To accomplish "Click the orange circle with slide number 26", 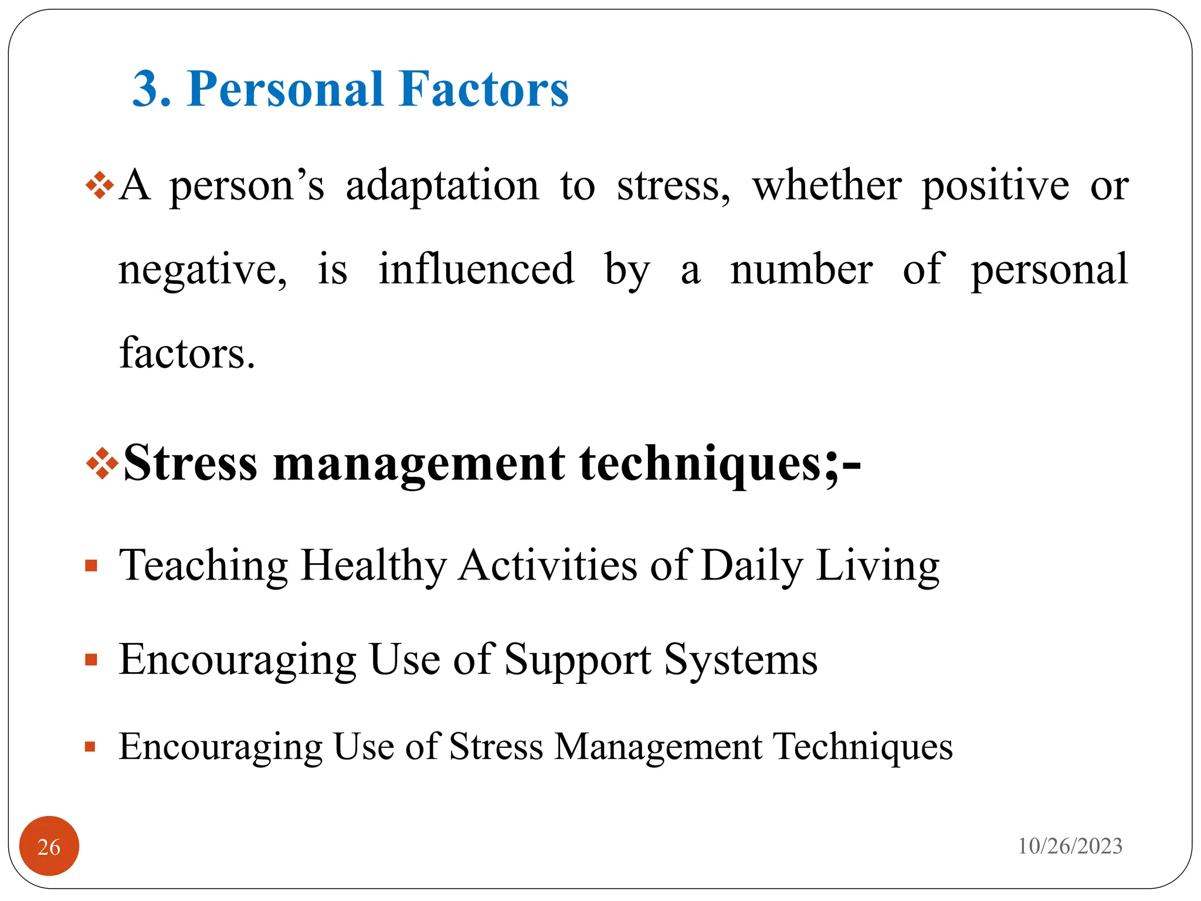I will click(x=49, y=846).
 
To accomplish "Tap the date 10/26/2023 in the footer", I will click(x=1070, y=846).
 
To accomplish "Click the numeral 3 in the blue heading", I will click(x=146, y=89).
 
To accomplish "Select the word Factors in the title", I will click(x=483, y=89).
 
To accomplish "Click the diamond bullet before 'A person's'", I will click(x=100, y=186).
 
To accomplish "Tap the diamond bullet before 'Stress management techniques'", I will click(x=102, y=463).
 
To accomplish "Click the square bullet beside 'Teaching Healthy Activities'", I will click(x=91, y=566).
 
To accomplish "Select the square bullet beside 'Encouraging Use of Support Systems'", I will click(x=91, y=660).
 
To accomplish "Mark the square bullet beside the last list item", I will click(x=90, y=747).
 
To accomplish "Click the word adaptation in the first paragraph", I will click(x=442, y=186).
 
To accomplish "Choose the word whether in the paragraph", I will click(x=827, y=186).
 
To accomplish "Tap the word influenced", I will click(x=476, y=270).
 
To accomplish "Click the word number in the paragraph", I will click(x=802, y=270).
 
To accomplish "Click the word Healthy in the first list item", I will click(x=374, y=566).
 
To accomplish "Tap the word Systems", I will click(x=741, y=660).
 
